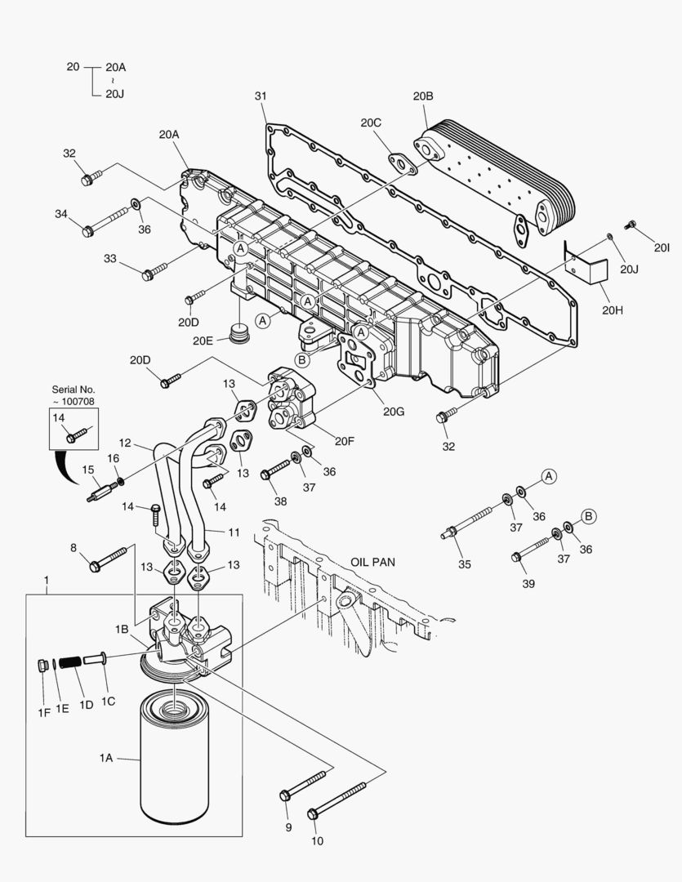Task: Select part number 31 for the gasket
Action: (261, 96)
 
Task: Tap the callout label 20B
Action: (422, 96)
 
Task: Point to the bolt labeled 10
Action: (338, 801)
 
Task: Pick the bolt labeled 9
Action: (306, 782)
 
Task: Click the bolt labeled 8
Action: (109, 558)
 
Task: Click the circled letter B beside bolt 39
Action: (587, 515)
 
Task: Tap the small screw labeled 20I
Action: (630, 223)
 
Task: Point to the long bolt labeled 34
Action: (109, 220)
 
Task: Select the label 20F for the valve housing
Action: (344, 441)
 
